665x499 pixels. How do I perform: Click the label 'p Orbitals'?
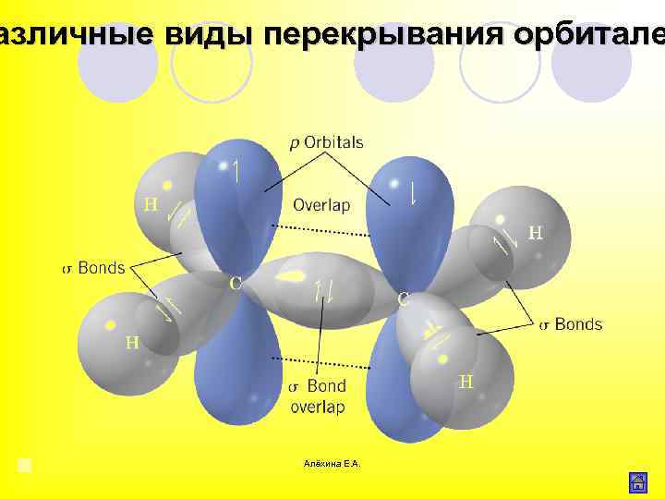(x=326, y=143)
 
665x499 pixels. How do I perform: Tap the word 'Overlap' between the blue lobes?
(x=320, y=205)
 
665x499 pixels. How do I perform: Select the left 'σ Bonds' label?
(x=93, y=268)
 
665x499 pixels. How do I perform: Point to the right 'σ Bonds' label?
(x=570, y=324)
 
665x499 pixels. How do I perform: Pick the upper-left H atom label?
(x=150, y=203)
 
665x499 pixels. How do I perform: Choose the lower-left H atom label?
(x=132, y=343)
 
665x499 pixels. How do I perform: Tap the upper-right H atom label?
(x=535, y=233)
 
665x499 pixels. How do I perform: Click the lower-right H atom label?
(x=465, y=381)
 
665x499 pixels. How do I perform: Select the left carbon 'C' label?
(x=236, y=283)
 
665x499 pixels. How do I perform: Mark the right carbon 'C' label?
(x=404, y=299)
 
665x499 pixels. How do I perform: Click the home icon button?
(x=636, y=481)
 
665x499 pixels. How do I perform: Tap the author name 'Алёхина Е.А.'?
(x=332, y=463)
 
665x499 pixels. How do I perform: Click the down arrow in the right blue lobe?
(x=413, y=192)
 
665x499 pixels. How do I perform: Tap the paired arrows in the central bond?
(x=324, y=290)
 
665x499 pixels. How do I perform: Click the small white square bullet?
(x=25, y=464)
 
